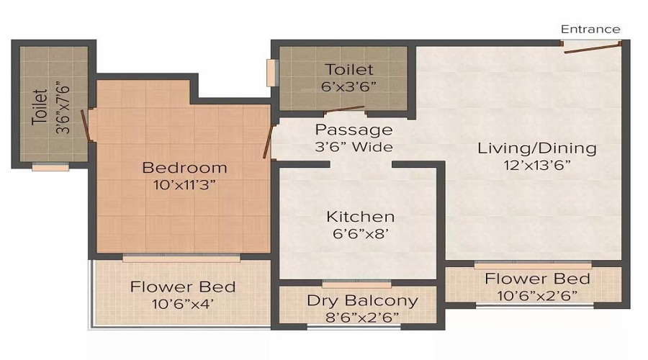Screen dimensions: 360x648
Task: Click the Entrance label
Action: click(590, 30)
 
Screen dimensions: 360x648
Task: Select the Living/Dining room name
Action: click(537, 148)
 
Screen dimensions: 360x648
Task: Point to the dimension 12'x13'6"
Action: click(537, 164)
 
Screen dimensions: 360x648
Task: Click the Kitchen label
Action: click(360, 216)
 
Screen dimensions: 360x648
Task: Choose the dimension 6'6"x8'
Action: click(360, 233)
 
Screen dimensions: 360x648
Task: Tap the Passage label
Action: click(354, 130)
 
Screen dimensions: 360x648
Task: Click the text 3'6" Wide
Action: click(354, 147)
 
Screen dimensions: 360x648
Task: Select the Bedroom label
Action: click(184, 168)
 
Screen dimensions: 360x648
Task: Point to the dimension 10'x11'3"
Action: click(184, 184)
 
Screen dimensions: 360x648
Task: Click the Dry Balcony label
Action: click(362, 300)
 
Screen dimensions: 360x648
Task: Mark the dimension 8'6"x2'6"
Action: click(362, 316)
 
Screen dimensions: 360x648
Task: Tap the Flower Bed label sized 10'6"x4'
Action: click(183, 287)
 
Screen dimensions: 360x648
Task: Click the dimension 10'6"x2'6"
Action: click(537, 295)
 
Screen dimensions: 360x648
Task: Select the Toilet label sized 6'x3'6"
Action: click(349, 70)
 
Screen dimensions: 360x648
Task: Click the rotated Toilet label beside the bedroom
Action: click(40, 107)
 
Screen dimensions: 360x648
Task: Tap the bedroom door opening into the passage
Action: click(269, 141)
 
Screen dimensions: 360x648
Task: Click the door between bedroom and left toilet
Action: click(86, 124)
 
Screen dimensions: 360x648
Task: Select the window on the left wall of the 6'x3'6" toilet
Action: click(271, 73)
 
